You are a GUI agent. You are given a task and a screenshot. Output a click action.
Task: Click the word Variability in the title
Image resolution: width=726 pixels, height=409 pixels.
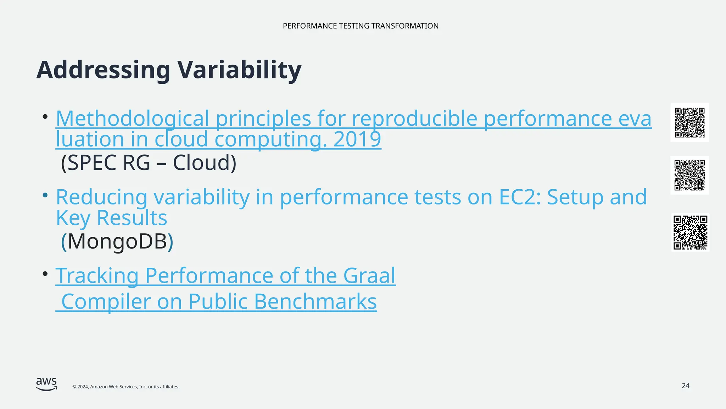(x=239, y=70)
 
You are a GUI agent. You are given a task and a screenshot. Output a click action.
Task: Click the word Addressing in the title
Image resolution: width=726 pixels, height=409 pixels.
(x=103, y=70)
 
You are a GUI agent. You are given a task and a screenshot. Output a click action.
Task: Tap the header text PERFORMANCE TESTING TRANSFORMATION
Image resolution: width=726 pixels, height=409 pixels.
(x=361, y=26)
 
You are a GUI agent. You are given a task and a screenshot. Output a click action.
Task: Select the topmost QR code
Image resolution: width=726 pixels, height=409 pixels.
(x=689, y=123)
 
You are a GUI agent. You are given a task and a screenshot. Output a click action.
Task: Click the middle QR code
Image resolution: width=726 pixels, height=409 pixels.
(x=689, y=175)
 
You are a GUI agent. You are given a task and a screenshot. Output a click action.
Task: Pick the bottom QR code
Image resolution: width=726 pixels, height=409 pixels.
(x=690, y=233)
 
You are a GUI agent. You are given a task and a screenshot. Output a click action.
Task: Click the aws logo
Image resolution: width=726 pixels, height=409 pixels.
(x=46, y=384)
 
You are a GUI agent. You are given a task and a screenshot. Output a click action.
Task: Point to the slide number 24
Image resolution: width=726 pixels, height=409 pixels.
(x=685, y=386)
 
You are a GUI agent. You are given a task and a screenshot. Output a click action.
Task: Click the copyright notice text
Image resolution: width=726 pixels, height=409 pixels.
(x=126, y=387)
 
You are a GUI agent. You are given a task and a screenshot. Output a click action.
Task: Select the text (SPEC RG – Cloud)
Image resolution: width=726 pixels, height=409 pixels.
(x=149, y=163)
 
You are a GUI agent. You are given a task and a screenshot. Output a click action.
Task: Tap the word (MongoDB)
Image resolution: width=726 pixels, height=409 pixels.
(x=117, y=242)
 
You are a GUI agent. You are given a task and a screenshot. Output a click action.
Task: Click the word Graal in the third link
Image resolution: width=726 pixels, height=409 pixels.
(x=369, y=276)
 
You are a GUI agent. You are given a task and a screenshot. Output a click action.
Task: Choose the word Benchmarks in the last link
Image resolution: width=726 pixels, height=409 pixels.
(x=315, y=302)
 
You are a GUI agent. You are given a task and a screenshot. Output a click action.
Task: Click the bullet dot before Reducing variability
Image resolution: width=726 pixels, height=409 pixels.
(x=45, y=195)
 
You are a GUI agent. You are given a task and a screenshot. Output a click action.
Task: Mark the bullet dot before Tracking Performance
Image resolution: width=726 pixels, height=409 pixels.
(x=45, y=274)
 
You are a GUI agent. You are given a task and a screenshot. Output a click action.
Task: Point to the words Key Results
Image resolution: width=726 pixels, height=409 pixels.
(x=111, y=218)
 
